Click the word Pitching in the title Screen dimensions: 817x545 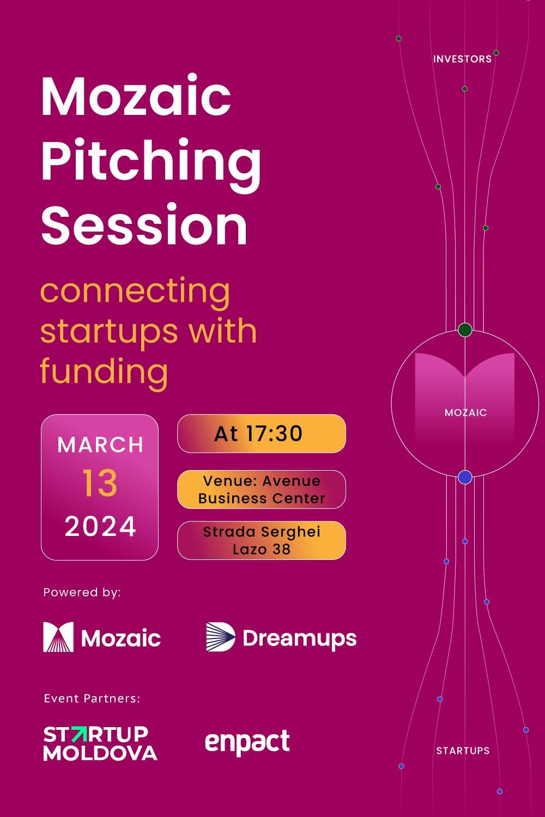(151, 162)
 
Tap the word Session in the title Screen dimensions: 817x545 (144, 224)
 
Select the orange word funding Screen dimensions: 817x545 (104, 371)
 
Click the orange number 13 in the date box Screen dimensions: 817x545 (100, 484)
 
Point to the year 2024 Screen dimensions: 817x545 (100, 527)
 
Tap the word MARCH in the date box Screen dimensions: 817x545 (100, 445)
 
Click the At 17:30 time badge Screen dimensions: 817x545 (261, 434)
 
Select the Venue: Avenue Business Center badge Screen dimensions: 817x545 (261, 490)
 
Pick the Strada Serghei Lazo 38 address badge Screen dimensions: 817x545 (261, 540)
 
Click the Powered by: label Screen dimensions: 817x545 (82, 592)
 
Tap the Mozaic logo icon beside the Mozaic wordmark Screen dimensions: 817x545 (58, 637)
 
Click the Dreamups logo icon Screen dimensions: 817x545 (220, 637)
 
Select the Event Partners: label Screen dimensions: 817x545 (92, 698)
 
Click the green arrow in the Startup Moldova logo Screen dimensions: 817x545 (79, 735)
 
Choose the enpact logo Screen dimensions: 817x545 (247, 742)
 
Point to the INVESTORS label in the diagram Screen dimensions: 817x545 (462, 59)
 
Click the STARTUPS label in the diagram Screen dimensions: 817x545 (463, 751)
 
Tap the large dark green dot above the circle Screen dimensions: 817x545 (465, 330)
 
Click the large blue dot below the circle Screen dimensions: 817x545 (464, 478)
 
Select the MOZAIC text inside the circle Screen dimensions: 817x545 (465, 413)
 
